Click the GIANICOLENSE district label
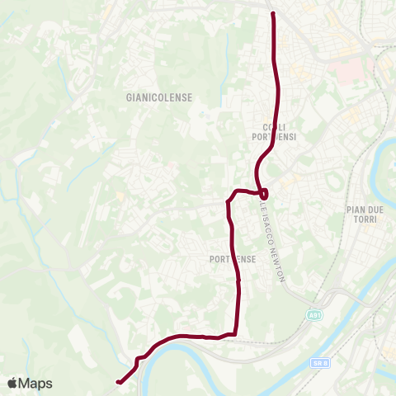tap(159, 97)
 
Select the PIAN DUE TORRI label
tap(362, 217)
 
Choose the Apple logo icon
tap(12, 383)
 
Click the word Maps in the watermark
tap(35, 383)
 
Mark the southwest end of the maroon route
tap(119, 382)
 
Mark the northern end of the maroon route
tap(272, 12)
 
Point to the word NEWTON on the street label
tap(279, 266)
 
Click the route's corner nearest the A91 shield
tap(237, 332)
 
